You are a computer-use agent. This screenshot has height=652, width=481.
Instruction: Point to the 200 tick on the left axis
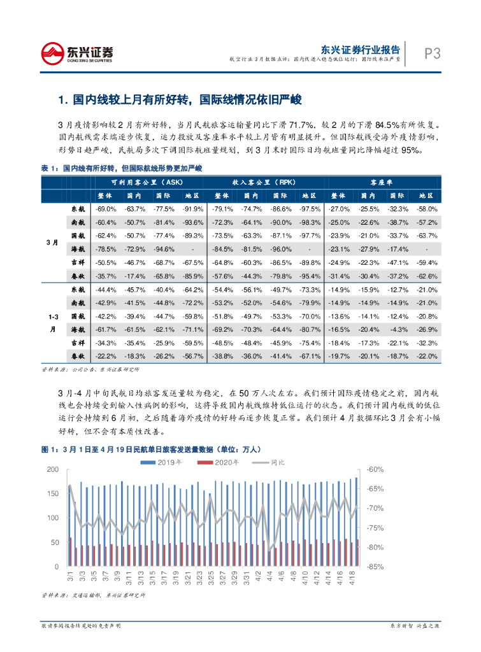point(52,469)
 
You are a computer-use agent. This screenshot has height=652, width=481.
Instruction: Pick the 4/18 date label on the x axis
point(352,578)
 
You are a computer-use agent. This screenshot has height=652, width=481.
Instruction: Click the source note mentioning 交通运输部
point(93,595)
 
